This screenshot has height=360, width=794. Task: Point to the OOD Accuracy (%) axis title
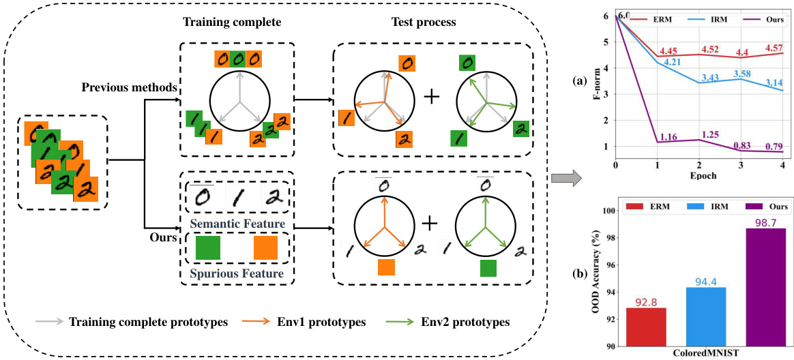tap(599, 275)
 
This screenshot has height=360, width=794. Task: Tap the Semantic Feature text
tap(237, 224)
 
